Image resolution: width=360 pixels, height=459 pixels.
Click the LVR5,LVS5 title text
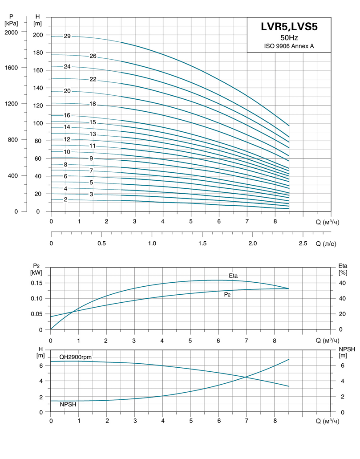tap(289, 27)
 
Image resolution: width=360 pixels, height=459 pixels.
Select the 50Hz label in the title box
tap(289, 38)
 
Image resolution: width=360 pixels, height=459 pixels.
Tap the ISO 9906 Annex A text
tap(289, 46)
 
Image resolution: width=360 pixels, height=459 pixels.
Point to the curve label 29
tap(67, 36)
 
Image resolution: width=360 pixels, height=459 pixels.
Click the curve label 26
tap(93, 56)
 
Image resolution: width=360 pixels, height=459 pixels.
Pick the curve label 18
tap(93, 104)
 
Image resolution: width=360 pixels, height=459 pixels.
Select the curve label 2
tap(65, 199)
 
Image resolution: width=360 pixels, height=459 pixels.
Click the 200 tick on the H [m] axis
tap(38, 35)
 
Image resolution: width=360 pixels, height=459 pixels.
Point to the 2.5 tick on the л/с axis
tap(303, 243)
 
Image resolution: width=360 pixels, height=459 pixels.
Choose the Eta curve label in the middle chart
tap(233, 276)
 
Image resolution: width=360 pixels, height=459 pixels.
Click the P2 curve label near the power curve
tap(227, 294)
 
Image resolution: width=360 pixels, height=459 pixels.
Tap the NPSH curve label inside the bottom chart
tap(68, 405)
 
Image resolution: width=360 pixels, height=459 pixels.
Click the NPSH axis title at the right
tap(343, 352)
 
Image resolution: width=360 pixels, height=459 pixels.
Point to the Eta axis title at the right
tap(343, 268)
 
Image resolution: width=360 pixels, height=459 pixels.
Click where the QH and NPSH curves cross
tap(246, 377)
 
